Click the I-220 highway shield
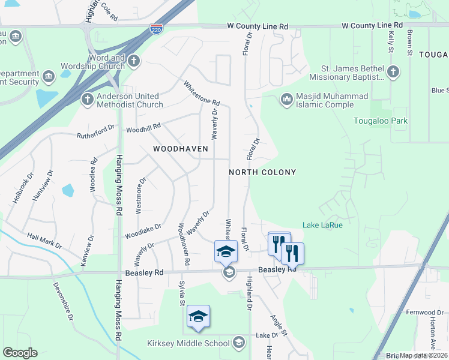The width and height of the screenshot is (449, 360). pyautogui.click(x=155, y=29)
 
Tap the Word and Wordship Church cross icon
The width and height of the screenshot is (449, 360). pyautogui.click(x=133, y=60)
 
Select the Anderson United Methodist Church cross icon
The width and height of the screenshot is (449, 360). pyautogui.click(x=87, y=98)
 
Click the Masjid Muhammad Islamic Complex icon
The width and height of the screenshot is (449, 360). pyautogui.click(x=286, y=98)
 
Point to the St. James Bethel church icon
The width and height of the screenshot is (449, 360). pyautogui.click(x=393, y=72)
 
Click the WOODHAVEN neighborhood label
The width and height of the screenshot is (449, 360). pyautogui.click(x=180, y=148)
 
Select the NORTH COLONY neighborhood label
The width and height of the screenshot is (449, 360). pyautogui.click(x=262, y=172)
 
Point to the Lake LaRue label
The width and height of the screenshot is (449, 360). pyautogui.click(x=323, y=225)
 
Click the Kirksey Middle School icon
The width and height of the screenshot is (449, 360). pyautogui.click(x=238, y=343)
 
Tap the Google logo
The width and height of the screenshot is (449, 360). pyautogui.click(x=19, y=353)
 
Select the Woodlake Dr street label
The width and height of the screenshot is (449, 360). pyautogui.click(x=143, y=231)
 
